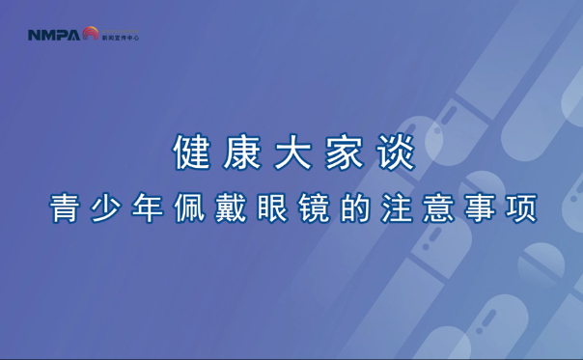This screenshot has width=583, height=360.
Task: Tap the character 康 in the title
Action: pyautogui.click(x=240, y=153)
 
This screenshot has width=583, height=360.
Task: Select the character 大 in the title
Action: pyautogui.click(x=291, y=153)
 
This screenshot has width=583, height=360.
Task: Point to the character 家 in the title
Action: pyautogui.click(x=343, y=153)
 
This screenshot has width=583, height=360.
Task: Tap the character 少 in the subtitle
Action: pyautogui.click(x=106, y=209)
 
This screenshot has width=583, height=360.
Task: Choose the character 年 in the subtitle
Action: pyautogui.click(x=148, y=209)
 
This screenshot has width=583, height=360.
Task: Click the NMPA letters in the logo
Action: pyautogui.click(x=53, y=36)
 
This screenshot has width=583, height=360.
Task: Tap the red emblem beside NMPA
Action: pyautogui.click(x=90, y=34)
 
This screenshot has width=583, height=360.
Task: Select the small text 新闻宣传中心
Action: pyautogui.click(x=121, y=38)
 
